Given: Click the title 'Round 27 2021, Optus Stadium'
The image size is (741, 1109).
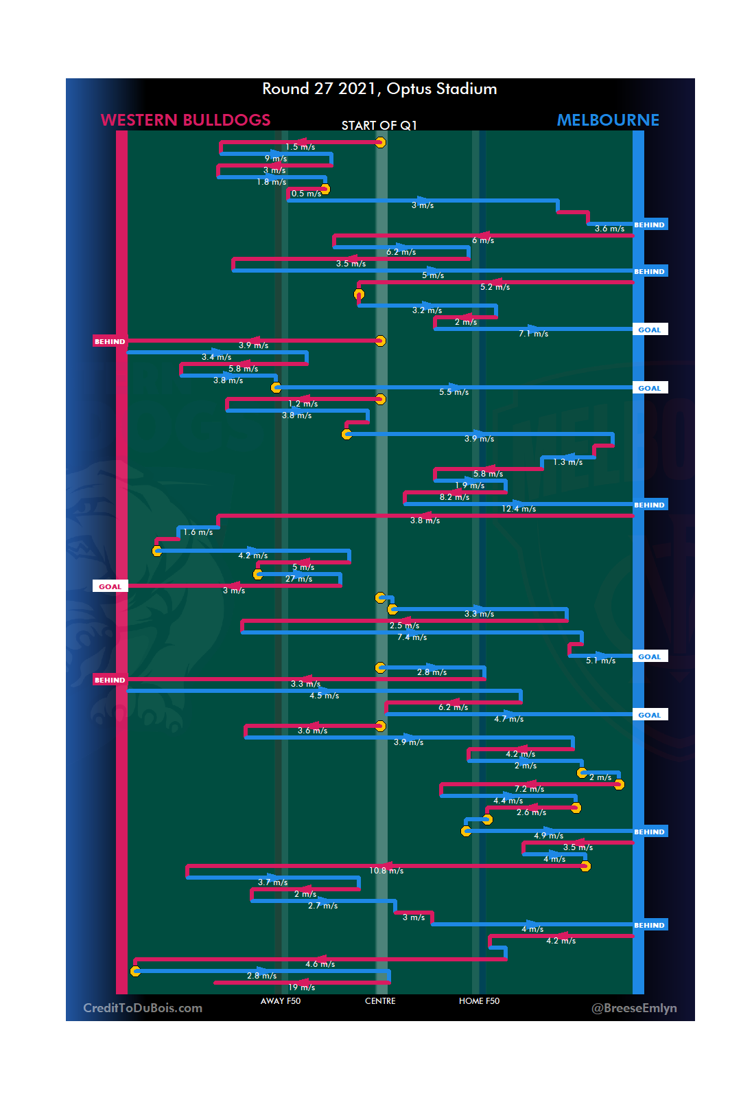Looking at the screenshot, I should pos(379,89).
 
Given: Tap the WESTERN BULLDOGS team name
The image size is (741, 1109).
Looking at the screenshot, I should pos(185,120).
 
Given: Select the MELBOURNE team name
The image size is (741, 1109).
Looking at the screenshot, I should pos(607,120).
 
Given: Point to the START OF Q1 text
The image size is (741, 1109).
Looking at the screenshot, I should pos(379,125).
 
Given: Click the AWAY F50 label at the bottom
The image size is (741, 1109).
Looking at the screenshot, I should pos(280,1001).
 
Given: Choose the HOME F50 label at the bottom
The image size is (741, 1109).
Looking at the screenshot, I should pos(479,1001).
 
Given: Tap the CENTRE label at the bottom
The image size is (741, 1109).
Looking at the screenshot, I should pos(380,1001).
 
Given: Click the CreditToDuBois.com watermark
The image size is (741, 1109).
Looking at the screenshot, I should pos(143,1007).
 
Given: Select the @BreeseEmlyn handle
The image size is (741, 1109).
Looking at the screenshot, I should pos(633,1007).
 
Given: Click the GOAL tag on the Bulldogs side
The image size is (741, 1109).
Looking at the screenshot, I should pos(110,586).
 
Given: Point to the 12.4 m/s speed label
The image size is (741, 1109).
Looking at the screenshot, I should pos(519,509).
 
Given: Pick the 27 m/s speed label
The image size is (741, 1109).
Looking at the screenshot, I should pos(298,579).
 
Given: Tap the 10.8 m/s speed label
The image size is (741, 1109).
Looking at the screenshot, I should pos(386,871).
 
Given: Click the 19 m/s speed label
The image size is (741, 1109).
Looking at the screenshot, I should pos(301,987).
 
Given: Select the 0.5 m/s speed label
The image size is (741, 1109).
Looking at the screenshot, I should pos(306,194).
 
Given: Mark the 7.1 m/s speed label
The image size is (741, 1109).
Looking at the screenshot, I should pos(533,334).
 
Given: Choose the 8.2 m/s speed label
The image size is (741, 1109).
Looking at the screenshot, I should pos(454,497).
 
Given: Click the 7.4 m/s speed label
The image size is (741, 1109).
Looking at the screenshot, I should pos(412,637).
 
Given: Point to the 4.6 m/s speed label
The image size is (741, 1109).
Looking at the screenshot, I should pos(320,964).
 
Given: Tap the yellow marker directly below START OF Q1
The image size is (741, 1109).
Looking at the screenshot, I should pos(380,142).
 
